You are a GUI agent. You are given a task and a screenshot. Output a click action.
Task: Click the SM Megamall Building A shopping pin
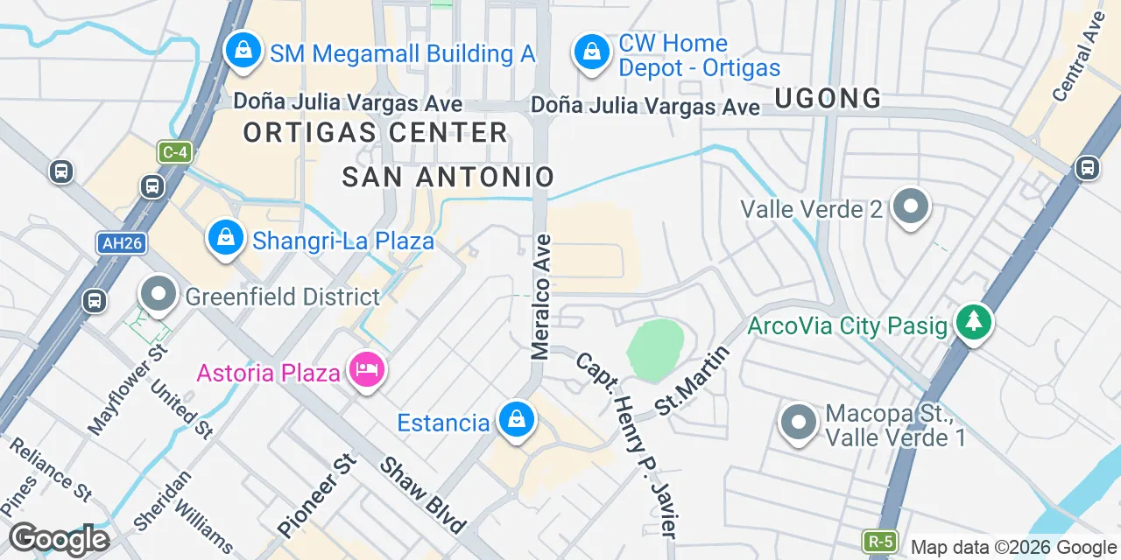pos(243,50)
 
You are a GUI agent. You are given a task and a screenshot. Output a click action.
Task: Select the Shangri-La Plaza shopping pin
pos(226,237)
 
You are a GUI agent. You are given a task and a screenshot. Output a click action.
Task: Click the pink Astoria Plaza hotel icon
pos(365,371)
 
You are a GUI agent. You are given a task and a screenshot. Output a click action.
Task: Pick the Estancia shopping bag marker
pos(517,421)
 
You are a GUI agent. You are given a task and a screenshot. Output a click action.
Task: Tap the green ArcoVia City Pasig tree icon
pos(973,322)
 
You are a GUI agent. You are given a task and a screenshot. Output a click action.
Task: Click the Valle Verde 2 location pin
pos(911,207)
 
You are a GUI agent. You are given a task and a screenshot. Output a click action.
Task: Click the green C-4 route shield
pos(174,151)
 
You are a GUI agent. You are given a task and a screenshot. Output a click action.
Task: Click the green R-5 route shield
pos(880,541)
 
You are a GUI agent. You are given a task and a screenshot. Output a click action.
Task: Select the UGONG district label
pos(828,99)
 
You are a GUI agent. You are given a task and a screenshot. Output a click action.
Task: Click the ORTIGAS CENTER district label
pos(376,133)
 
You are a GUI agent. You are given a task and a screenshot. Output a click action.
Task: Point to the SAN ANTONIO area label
pos(448,177)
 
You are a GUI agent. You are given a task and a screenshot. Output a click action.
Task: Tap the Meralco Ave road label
pos(540,297)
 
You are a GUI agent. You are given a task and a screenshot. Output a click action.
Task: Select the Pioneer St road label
pos(318,496)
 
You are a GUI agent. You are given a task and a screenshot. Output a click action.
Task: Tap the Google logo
pos(59,539)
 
